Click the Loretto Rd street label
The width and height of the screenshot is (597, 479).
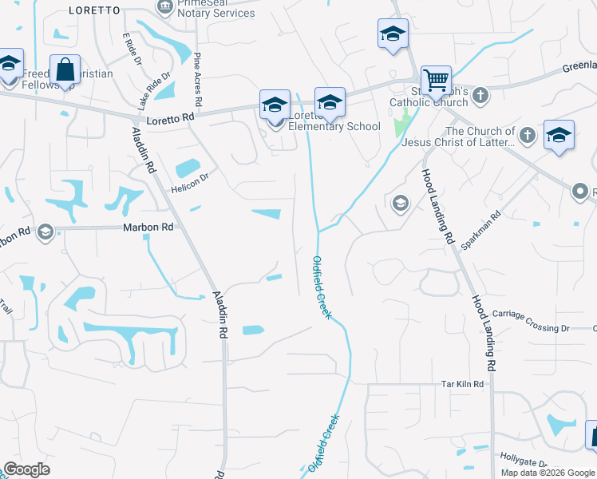pyautogui.click(x=172, y=118)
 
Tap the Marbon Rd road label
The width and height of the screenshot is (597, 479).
pyautogui.click(x=148, y=228)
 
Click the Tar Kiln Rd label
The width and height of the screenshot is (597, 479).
pyautogui.click(x=463, y=384)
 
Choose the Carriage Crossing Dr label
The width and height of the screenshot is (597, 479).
pyautogui.click(x=531, y=321)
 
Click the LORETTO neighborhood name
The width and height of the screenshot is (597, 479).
pyautogui.click(x=94, y=10)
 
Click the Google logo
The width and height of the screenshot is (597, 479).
pyautogui.click(x=27, y=469)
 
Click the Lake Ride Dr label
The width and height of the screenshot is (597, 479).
pyautogui.click(x=154, y=89)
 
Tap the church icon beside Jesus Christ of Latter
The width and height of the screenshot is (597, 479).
pyautogui.click(x=526, y=137)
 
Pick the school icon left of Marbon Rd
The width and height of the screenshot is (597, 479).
pyautogui.click(x=45, y=232)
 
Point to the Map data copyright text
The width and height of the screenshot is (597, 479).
pyautogui.click(x=548, y=473)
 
